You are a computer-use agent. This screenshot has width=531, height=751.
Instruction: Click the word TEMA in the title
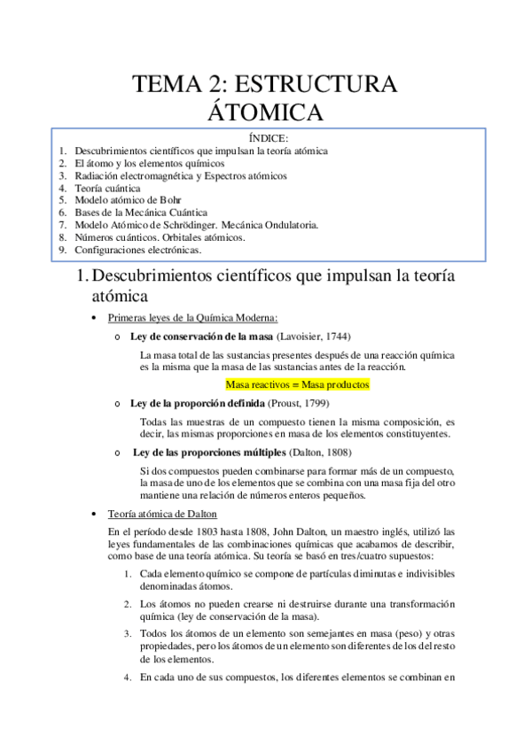click(x=162, y=85)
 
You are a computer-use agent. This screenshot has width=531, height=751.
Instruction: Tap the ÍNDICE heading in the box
click(x=264, y=138)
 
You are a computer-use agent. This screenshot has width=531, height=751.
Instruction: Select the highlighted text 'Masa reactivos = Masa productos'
click(x=297, y=385)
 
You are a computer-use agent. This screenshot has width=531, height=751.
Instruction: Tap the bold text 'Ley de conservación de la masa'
click(x=199, y=337)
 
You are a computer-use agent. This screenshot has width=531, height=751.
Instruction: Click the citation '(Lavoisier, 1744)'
click(x=311, y=337)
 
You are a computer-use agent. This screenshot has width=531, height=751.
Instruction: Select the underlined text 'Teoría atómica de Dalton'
click(x=162, y=514)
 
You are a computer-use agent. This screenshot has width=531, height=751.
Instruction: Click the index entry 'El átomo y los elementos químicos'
click(x=149, y=163)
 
